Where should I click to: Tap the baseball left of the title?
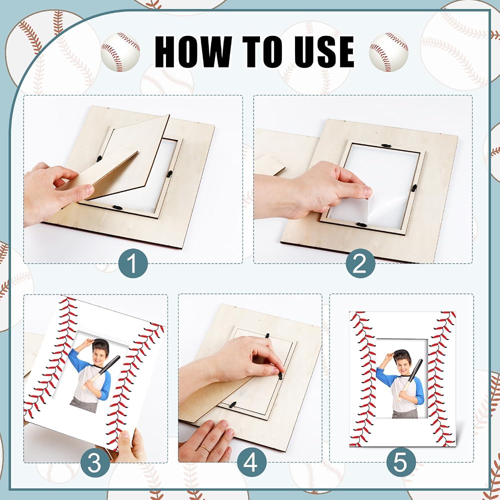[x=120, y=51]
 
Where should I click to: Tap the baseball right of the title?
[x=388, y=51]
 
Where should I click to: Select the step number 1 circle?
[x=133, y=263]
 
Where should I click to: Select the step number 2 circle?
[x=360, y=263]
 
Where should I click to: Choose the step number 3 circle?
[x=94, y=462]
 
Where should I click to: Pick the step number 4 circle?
[x=250, y=462]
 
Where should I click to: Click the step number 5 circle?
[x=401, y=462]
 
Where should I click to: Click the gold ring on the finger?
[x=205, y=448]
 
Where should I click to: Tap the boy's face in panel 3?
[x=99, y=355]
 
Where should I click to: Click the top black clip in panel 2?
[x=387, y=145]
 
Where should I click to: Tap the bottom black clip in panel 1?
[x=118, y=207]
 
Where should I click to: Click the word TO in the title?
[x=256, y=51]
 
